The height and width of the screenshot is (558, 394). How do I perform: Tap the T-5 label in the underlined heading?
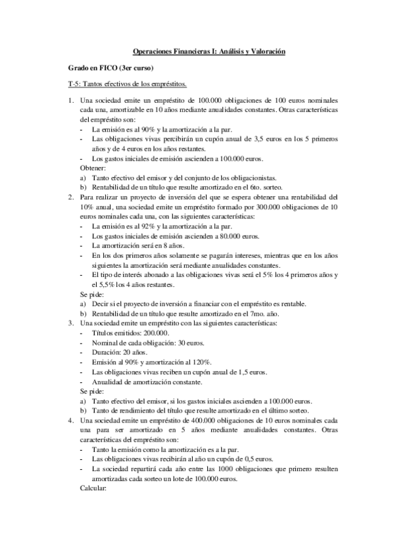pyautogui.click(x=76, y=85)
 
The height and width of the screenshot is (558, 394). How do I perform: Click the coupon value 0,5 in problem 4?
pyautogui.click(x=233, y=459)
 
